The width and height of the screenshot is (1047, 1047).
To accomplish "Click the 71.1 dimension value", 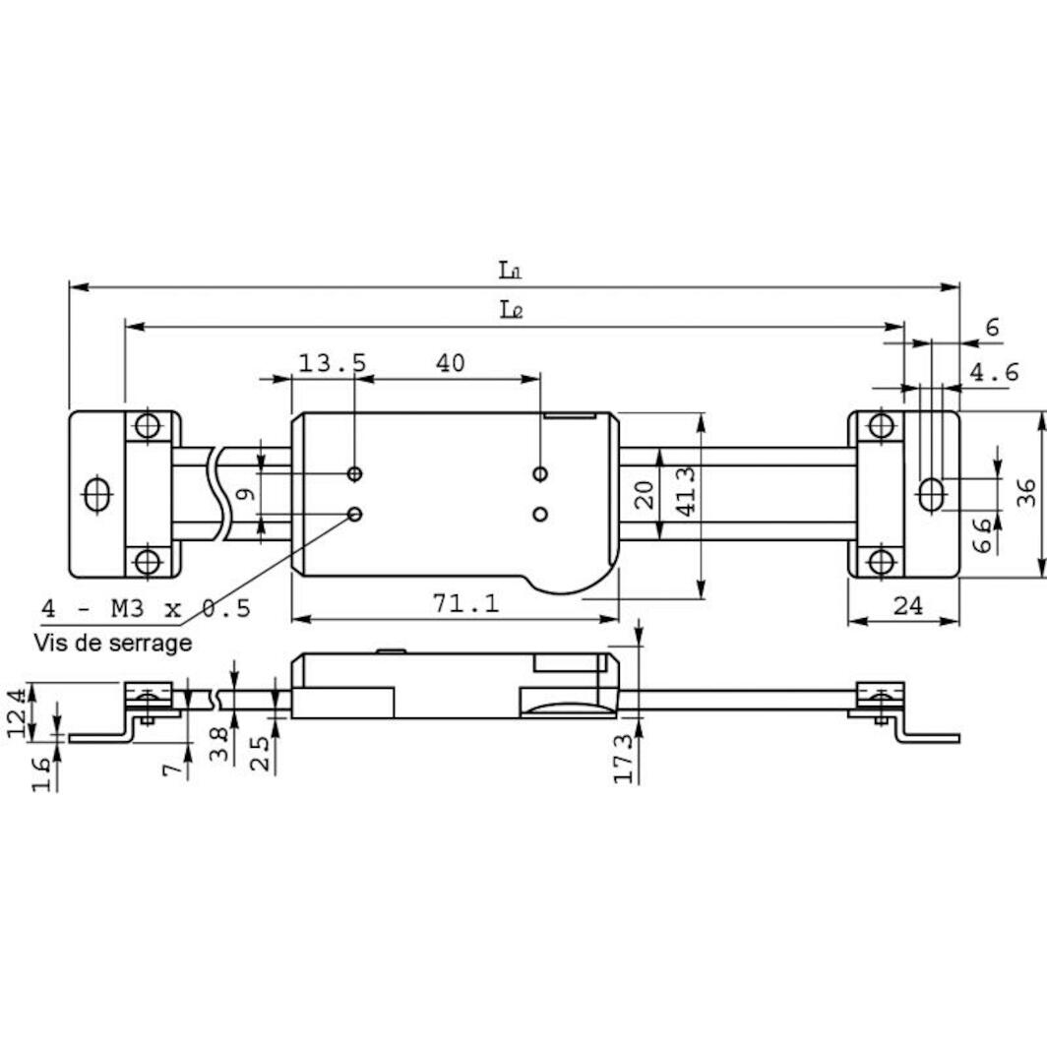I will click(x=466, y=603).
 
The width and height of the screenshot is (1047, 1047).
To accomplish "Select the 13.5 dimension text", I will click(x=332, y=363).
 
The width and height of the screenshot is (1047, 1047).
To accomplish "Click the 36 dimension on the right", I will click(x=1026, y=493).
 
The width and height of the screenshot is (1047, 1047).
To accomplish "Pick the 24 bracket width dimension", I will click(x=907, y=606).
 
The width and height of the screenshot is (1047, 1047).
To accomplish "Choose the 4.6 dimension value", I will click(x=994, y=372).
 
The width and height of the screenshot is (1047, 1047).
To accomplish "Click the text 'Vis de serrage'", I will click(x=112, y=644).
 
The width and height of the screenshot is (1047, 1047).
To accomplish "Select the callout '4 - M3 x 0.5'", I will click(x=146, y=608).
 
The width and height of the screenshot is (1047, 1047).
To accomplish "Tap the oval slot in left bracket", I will click(x=96, y=494).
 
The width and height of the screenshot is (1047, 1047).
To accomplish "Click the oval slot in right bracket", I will click(x=930, y=493).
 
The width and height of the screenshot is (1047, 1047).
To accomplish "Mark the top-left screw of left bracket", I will click(x=148, y=426).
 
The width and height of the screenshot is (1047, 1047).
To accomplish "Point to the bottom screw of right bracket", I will click(x=882, y=561).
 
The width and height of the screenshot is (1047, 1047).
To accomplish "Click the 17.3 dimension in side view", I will click(x=623, y=758).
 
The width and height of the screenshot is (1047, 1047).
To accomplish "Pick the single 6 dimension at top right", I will click(x=992, y=328).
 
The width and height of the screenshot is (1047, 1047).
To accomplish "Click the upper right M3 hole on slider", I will click(x=540, y=474).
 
